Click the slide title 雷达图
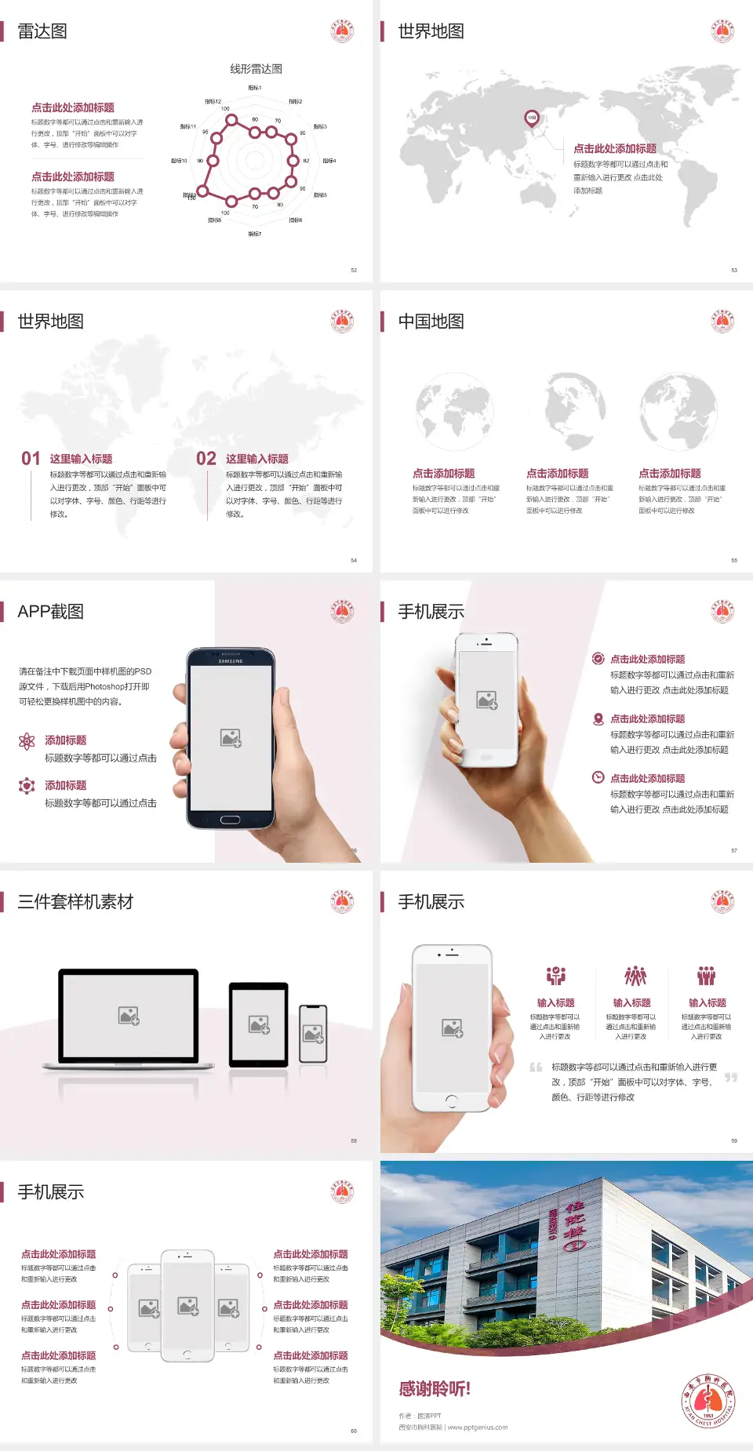(42, 31)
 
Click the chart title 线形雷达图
(256, 69)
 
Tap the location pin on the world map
(532, 118)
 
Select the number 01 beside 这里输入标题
(31, 459)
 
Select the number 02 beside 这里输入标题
(206, 459)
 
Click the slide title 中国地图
(431, 322)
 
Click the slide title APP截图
(50, 612)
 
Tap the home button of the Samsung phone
(230, 820)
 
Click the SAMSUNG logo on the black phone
(231, 661)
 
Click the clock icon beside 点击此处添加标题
(598, 777)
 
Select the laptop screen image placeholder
(129, 1016)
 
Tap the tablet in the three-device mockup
(258, 1024)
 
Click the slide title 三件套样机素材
(75, 902)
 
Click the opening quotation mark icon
(536, 1067)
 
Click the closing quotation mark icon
(731, 1078)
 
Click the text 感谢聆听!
(435, 1389)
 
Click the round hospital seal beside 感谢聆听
(708, 1401)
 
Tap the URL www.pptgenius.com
(478, 1427)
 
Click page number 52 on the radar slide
(354, 270)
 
